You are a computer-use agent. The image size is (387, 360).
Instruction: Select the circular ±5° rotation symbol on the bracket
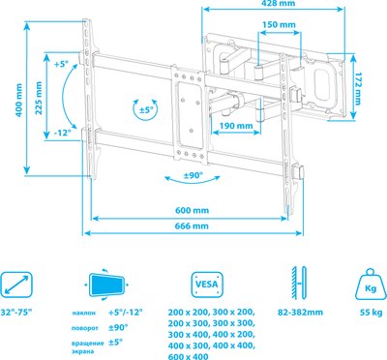click(147, 107)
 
